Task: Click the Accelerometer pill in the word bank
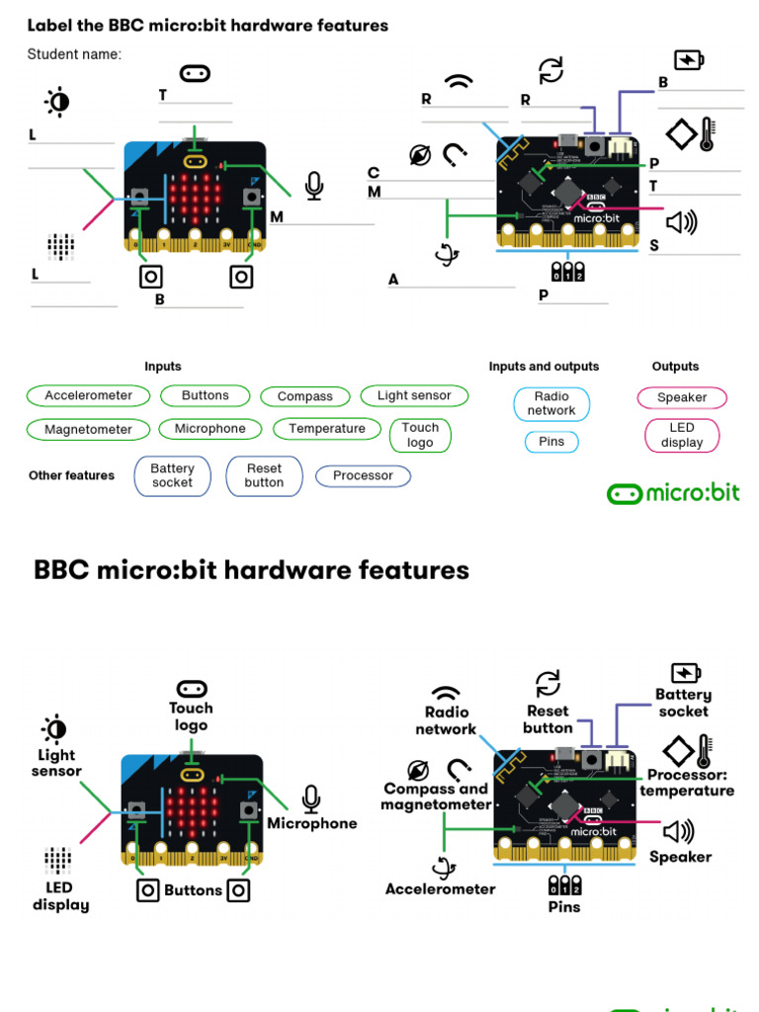pyautogui.click(x=88, y=395)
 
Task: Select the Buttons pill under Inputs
pyautogui.click(x=205, y=395)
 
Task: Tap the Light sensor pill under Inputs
pyautogui.click(x=414, y=395)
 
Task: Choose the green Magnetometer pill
pyautogui.click(x=88, y=430)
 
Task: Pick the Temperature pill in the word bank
pyautogui.click(x=327, y=429)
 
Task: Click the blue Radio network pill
pyautogui.click(x=551, y=403)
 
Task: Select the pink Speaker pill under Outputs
pyautogui.click(x=682, y=397)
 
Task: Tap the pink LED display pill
pyautogui.click(x=682, y=435)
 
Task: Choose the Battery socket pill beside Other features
pyautogui.click(x=173, y=475)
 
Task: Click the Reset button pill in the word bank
pyautogui.click(x=264, y=475)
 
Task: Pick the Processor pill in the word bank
pyautogui.click(x=363, y=475)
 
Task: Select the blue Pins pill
pyautogui.click(x=551, y=442)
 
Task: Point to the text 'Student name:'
pyautogui.click(x=74, y=54)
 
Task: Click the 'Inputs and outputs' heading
pyautogui.click(x=544, y=367)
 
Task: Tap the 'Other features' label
pyautogui.click(x=71, y=475)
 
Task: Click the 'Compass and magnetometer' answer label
pyautogui.click(x=436, y=797)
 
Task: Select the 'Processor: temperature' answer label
pyautogui.click(x=687, y=783)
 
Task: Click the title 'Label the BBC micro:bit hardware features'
pyautogui.click(x=208, y=26)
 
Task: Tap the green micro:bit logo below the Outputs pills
pyautogui.click(x=673, y=493)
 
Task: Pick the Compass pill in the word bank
pyautogui.click(x=304, y=396)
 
